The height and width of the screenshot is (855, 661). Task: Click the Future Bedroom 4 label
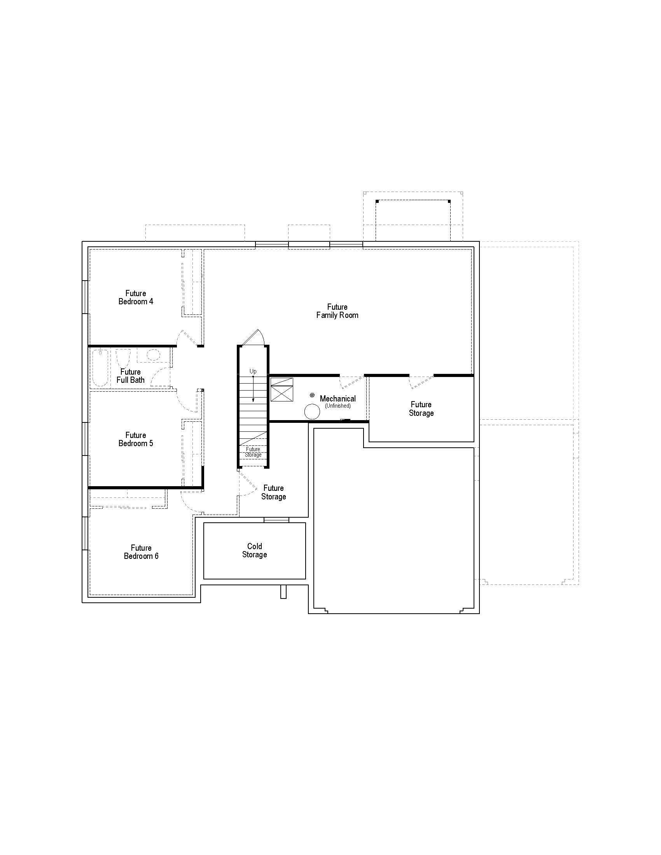pyautogui.click(x=135, y=297)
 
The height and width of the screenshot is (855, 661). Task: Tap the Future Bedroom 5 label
pyautogui.click(x=135, y=439)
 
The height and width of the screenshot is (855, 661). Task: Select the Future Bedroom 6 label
pyautogui.click(x=141, y=551)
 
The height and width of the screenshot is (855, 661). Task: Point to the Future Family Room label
pyautogui.click(x=337, y=311)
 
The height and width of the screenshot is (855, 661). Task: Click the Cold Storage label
pyautogui.click(x=255, y=550)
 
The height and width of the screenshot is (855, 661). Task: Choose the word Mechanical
pyautogui.click(x=337, y=398)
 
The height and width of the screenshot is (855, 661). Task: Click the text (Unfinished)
pyautogui.click(x=337, y=406)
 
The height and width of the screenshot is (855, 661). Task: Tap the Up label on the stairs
pyautogui.click(x=253, y=371)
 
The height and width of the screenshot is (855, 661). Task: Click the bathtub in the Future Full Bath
pyautogui.click(x=100, y=368)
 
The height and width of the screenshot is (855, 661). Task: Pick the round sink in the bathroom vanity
pyautogui.click(x=153, y=355)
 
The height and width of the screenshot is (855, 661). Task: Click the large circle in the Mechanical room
pyautogui.click(x=312, y=412)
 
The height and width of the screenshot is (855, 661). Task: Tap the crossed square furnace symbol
pyautogui.click(x=282, y=389)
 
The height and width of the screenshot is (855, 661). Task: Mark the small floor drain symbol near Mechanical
pyautogui.click(x=312, y=395)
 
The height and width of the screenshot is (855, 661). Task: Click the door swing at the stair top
pyautogui.click(x=255, y=337)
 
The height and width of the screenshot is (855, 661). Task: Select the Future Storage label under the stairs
pyautogui.click(x=253, y=452)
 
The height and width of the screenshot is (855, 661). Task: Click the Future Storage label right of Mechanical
pyautogui.click(x=421, y=408)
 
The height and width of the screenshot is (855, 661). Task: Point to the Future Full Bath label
pyautogui.click(x=130, y=376)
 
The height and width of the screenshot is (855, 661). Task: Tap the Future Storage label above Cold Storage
pyautogui.click(x=273, y=492)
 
